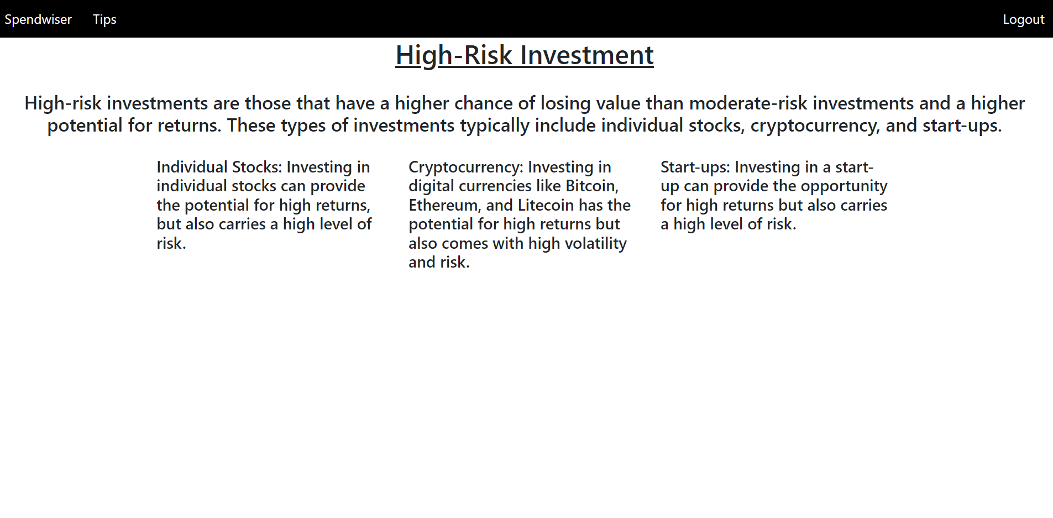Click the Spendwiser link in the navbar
click(38, 19)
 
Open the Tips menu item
click(104, 19)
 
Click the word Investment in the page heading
click(587, 55)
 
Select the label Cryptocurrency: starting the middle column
click(466, 168)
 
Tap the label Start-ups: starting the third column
click(695, 168)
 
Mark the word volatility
click(595, 244)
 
